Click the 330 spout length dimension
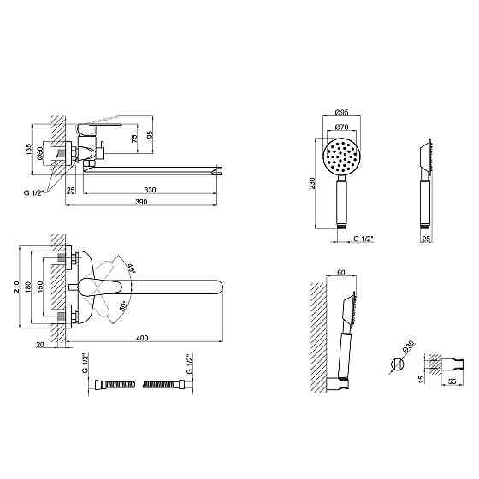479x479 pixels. click(150, 190)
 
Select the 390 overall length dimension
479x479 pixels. click(141, 202)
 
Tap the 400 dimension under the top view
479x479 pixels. click(142, 338)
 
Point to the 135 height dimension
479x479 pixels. click(29, 150)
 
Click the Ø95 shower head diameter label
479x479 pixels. click(342, 112)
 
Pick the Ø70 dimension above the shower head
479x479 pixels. click(341, 127)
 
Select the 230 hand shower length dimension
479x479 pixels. click(312, 183)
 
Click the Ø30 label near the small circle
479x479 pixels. click(409, 346)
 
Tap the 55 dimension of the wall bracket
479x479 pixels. click(452, 381)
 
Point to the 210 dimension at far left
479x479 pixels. click(16, 287)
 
